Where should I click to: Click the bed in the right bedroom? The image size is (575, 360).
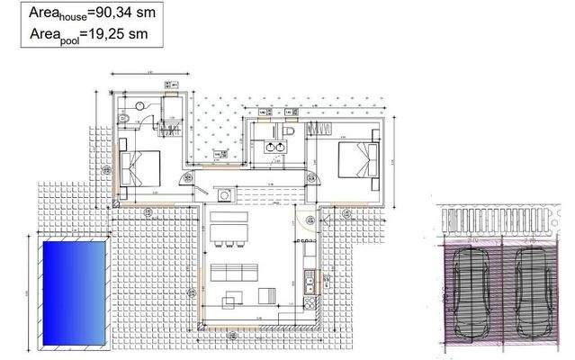coord(357,162)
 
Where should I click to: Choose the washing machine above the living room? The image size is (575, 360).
coord(224,194)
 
